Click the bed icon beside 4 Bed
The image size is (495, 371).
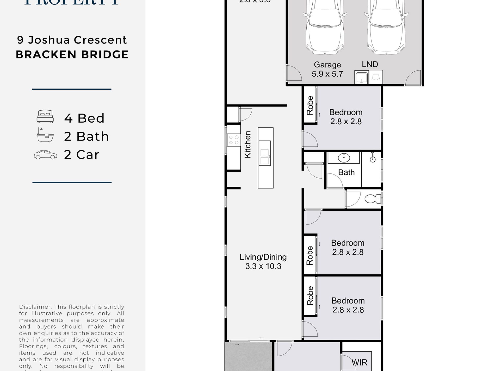tap(45, 116)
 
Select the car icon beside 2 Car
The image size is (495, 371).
tap(45, 155)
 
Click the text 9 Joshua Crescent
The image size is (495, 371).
tap(72, 40)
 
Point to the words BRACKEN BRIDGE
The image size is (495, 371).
tap(72, 55)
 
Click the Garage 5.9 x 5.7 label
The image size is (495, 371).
tap(327, 69)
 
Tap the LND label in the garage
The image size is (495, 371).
tap(370, 64)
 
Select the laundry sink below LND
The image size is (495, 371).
tap(362, 78)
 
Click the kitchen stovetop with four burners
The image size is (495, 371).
tap(233, 140)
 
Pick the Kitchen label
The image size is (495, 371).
tap(247, 144)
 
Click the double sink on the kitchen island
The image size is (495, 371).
tap(265, 157)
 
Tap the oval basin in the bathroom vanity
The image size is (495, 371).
tap(344, 158)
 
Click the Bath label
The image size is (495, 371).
tap(346, 172)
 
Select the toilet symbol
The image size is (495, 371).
tap(373, 199)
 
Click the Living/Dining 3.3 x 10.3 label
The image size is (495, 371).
tap(263, 262)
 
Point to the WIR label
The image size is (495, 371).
tap(359, 362)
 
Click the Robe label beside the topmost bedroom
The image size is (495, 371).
tap(310, 105)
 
